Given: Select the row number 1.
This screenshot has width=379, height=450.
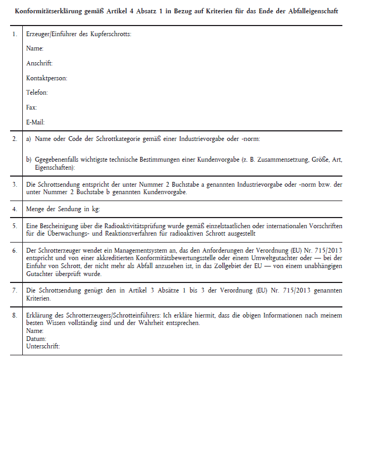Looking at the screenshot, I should coord(15,34).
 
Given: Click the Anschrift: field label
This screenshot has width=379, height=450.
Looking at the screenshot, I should coord(39,63).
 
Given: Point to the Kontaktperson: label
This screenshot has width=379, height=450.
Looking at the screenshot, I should coord(46,78).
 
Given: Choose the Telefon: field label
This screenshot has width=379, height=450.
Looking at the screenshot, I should coord(37,93).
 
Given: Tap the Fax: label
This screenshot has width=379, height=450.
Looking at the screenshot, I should coord(31,107).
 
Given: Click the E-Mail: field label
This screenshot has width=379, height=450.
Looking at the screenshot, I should coord(35,122).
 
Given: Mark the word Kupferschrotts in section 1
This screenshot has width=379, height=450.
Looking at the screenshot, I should coord(110,34).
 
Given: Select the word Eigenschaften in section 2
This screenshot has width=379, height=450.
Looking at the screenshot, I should coord(54,167).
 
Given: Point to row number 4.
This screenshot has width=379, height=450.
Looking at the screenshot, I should coord(15,209).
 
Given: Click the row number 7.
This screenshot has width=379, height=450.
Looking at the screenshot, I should coord(15,290).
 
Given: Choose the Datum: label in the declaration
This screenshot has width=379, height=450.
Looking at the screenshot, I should coord(36,338).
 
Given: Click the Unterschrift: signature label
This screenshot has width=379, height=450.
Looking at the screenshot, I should coord(42,346).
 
